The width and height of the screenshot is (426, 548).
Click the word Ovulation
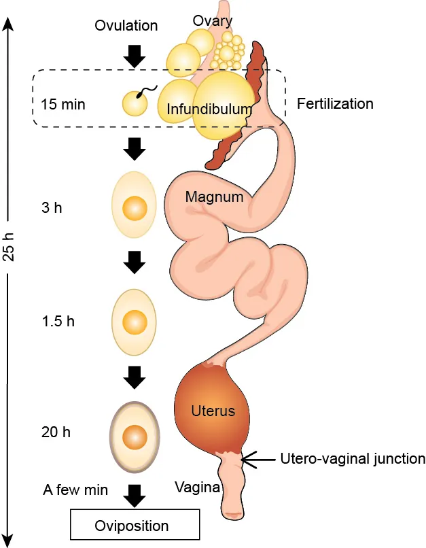tap(126, 26)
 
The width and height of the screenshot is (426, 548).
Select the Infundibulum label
tap(209, 109)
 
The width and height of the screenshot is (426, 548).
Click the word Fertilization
tap(336, 104)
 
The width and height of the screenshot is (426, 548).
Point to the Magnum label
tap(214, 198)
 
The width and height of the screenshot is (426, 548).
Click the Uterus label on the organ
tap(213, 411)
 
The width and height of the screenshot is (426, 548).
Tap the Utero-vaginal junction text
tap(353, 459)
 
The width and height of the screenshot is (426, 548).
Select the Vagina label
tap(197, 487)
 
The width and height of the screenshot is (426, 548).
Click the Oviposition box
tap(135, 526)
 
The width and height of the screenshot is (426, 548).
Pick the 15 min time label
tap(63, 105)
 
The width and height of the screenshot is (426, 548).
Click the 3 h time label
tap(51, 208)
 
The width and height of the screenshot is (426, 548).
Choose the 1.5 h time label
tap(57, 321)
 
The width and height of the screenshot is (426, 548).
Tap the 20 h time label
tap(56, 432)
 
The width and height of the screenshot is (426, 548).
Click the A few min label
tap(75, 490)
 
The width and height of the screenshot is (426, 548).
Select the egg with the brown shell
tap(135, 434)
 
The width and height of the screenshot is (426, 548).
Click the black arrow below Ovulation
tap(137, 56)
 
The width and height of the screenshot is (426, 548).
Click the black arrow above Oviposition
tap(137, 495)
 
